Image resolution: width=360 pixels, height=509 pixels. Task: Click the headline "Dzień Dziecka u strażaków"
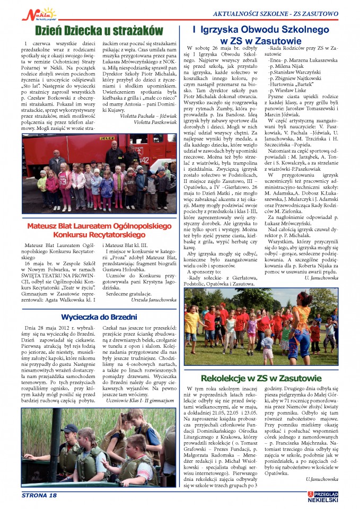tap(92, 28)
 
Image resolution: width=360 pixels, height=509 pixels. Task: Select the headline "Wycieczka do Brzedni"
tap(92, 317)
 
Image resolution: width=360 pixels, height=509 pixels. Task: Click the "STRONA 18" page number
tap(39, 496)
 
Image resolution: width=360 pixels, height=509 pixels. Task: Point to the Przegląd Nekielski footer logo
tap(323, 496)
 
